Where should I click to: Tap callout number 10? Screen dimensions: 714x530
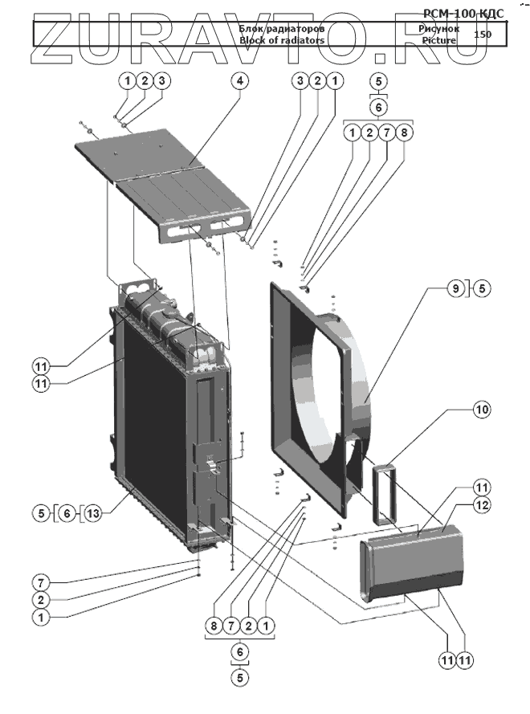coord(481,410)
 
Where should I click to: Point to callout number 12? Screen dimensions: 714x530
coord(481,505)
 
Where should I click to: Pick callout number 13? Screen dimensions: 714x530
coord(93,512)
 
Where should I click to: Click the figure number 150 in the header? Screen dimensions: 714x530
coord(483,34)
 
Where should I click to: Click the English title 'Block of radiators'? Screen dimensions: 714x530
coord(282,39)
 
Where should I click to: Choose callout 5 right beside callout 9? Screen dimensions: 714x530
coord(481,288)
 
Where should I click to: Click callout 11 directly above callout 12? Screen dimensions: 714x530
coord(481,487)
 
